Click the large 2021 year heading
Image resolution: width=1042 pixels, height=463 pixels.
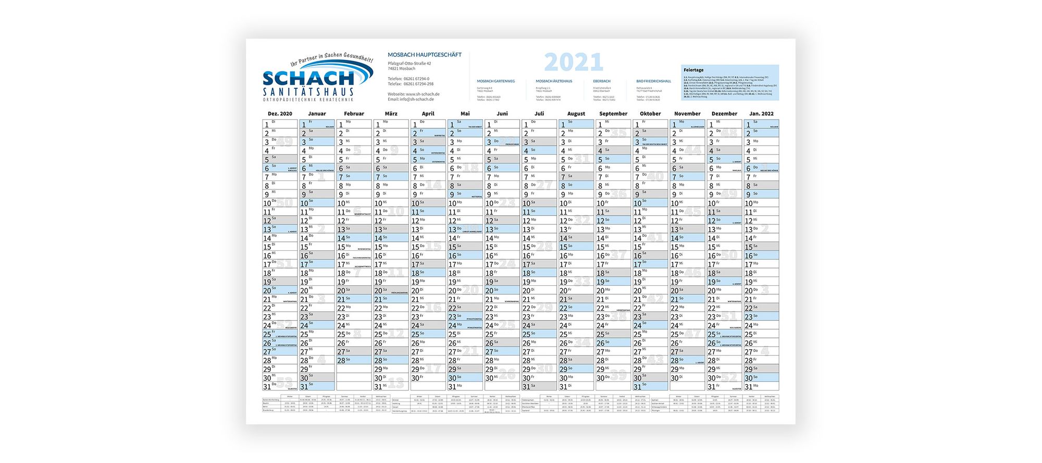(x=574, y=63)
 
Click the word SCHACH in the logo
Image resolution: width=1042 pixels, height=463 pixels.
(x=308, y=78)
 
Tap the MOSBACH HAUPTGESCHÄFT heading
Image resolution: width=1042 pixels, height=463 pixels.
(x=425, y=55)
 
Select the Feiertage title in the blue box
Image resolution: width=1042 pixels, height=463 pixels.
(x=693, y=70)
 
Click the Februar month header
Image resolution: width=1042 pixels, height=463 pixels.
(x=354, y=114)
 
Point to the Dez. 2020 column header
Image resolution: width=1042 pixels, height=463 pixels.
(x=280, y=114)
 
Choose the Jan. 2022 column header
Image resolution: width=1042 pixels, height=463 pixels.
(x=761, y=114)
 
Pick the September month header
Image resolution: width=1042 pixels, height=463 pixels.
(x=613, y=114)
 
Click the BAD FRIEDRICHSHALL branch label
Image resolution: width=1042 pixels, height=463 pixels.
(x=653, y=81)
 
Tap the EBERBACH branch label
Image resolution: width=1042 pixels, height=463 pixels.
(x=602, y=81)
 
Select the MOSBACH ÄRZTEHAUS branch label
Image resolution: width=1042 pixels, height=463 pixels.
(x=554, y=81)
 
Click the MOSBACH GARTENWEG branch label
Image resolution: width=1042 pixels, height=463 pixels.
(x=496, y=81)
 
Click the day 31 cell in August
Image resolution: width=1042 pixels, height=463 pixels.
(x=576, y=386)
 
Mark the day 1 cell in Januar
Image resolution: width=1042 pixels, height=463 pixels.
(x=317, y=125)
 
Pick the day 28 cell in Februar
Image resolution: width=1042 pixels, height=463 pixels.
(x=354, y=360)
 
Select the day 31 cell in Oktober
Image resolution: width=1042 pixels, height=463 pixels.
(x=650, y=386)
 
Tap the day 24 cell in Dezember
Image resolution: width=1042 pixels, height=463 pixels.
(x=724, y=325)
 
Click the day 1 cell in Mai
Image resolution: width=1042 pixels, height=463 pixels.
(x=465, y=125)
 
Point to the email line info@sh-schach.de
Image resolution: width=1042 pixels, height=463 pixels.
(x=411, y=99)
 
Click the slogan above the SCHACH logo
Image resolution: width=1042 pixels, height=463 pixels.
(x=331, y=59)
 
